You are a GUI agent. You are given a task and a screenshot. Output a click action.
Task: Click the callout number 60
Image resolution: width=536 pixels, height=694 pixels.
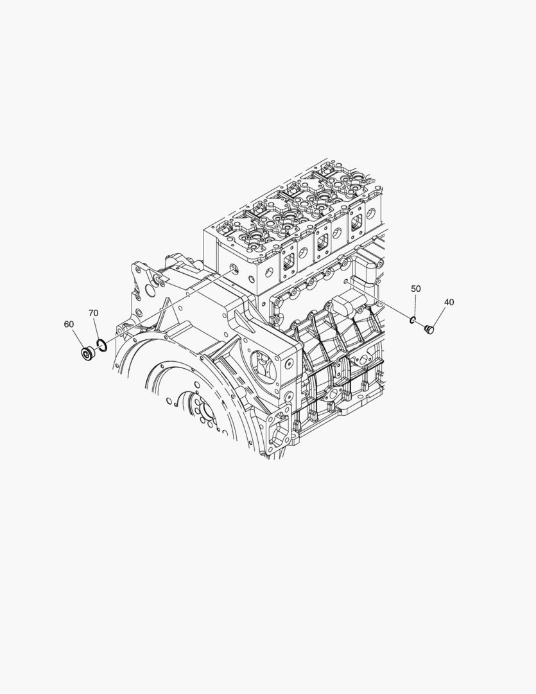click(x=69, y=325)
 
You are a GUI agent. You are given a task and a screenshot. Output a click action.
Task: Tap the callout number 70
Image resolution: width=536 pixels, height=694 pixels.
click(x=93, y=313)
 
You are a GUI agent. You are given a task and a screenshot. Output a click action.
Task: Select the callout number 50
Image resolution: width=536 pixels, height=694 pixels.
click(x=416, y=289)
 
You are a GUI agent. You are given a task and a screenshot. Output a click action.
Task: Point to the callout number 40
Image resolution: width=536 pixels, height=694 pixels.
click(x=449, y=302)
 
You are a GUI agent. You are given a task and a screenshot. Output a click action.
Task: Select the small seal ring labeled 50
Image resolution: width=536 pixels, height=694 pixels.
click(x=413, y=320)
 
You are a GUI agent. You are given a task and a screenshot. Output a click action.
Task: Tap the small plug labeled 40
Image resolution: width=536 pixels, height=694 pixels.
click(x=429, y=329)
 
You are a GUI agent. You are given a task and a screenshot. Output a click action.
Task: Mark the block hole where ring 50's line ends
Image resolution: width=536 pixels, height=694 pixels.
click(x=348, y=280)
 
